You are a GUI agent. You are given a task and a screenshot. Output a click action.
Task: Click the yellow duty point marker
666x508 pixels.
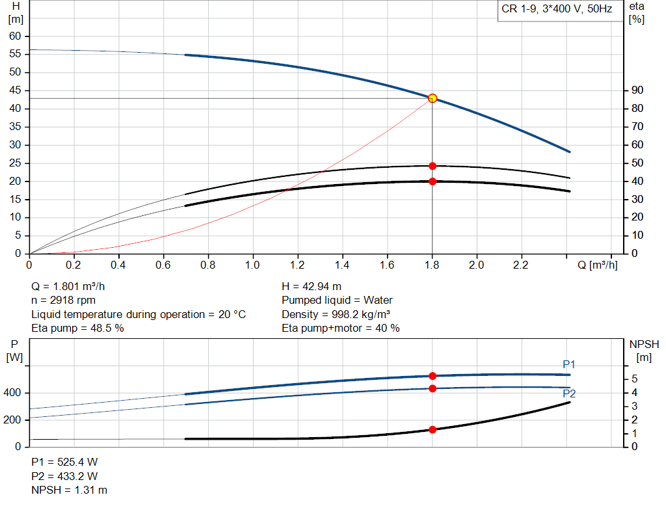(x=433, y=98)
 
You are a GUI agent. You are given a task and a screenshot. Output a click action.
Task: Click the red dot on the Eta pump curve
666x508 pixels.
(x=433, y=166)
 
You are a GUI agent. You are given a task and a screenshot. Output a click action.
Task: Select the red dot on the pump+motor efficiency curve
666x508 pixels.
(x=433, y=181)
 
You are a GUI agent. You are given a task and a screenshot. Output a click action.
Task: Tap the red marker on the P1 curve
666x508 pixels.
(x=433, y=376)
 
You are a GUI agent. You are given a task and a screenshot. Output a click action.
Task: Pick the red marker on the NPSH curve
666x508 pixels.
(x=433, y=429)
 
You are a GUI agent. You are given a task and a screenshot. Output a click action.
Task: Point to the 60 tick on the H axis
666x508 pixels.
(x=15, y=36)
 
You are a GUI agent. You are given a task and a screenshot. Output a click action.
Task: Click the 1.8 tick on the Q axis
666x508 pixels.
(x=432, y=265)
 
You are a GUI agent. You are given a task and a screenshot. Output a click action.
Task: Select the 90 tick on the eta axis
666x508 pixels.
(x=637, y=90)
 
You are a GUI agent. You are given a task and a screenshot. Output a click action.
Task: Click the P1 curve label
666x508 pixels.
(x=569, y=365)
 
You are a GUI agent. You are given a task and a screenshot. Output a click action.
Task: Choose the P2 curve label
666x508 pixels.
(x=569, y=393)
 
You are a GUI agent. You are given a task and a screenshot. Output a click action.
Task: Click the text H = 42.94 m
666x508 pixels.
(x=312, y=286)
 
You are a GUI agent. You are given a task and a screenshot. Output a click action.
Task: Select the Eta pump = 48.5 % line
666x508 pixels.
(x=77, y=328)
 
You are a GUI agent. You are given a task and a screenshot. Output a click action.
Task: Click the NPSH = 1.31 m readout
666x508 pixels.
(x=70, y=490)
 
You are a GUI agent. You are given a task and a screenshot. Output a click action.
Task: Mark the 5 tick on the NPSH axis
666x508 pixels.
(x=633, y=379)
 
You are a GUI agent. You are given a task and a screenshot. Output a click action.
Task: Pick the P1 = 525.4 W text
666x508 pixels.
(x=64, y=462)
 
